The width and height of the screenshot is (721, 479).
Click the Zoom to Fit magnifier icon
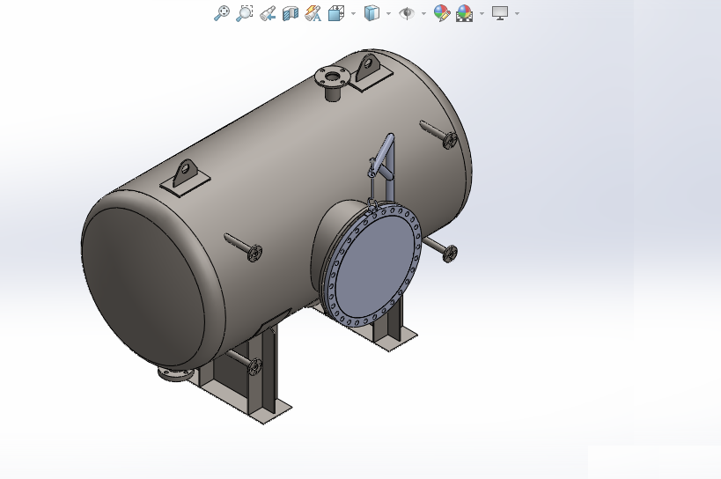tap(222, 13)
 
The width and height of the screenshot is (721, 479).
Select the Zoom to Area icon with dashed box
tap(245, 13)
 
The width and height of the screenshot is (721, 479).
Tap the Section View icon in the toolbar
tap(291, 13)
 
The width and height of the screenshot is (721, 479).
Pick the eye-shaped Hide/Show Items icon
tap(407, 13)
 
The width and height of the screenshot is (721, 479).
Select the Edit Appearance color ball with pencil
tap(441, 13)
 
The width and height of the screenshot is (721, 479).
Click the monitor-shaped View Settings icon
tap(500, 13)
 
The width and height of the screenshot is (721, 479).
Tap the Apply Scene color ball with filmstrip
tap(465, 13)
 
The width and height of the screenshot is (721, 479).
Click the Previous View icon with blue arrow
tap(268, 13)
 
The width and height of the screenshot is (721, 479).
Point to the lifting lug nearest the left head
tap(186, 174)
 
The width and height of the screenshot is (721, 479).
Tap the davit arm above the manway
tap(384, 159)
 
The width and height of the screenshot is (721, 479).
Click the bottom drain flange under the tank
tap(175, 374)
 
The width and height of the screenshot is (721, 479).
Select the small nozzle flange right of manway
tap(450, 254)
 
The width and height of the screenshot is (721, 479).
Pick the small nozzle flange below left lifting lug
tap(254, 254)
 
